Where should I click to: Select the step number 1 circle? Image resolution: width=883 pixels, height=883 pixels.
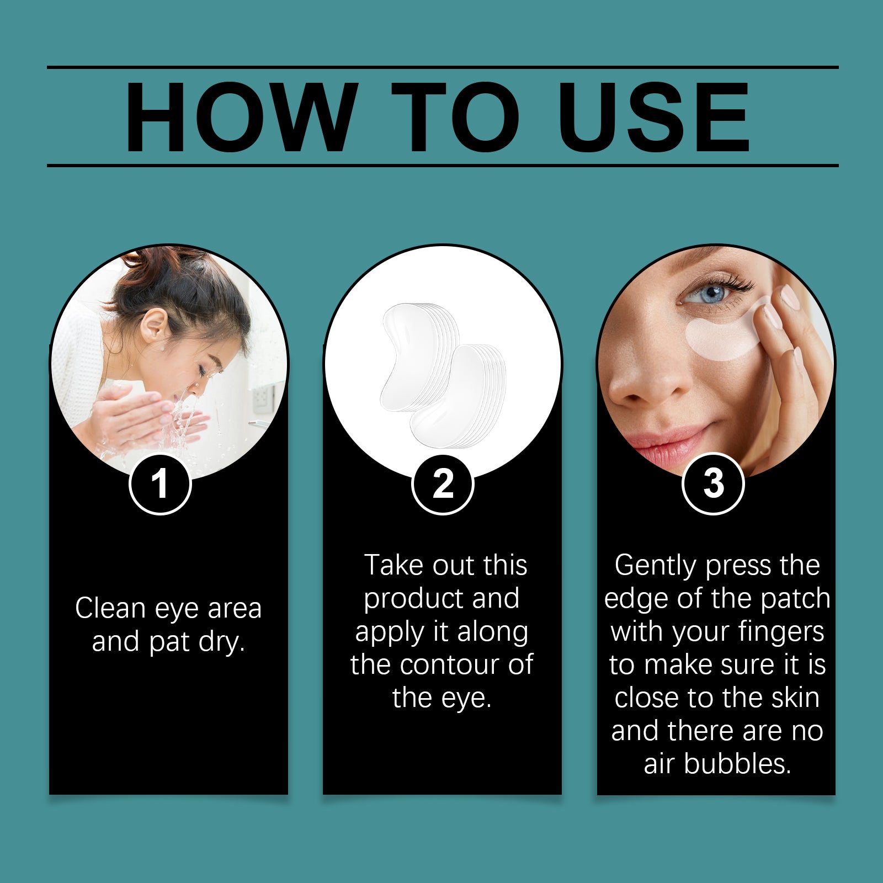click(x=160, y=484)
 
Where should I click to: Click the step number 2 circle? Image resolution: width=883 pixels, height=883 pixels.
click(x=443, y=484)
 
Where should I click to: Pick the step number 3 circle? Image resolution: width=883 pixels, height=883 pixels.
click(x=714, y=484)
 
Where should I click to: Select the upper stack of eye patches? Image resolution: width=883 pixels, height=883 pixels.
click(x=417, y=356)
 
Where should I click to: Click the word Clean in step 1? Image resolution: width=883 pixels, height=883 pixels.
click(x=111, y=608)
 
